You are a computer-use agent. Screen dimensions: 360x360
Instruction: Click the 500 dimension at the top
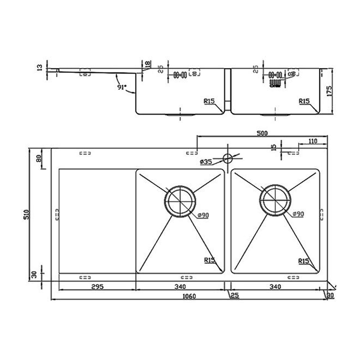point(262,133)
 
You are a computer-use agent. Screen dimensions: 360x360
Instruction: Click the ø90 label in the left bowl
point(203,216)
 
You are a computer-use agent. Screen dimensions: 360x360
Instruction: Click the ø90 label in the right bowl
point(297,215)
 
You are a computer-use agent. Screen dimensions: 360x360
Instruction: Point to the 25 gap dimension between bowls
point(234,295)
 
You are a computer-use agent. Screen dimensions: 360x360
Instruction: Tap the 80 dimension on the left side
point(39,158)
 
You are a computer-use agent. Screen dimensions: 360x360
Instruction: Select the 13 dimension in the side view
point(40,68)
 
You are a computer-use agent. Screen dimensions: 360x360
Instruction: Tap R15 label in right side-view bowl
point(304,102)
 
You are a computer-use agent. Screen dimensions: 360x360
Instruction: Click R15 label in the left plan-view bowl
point(209,260)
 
